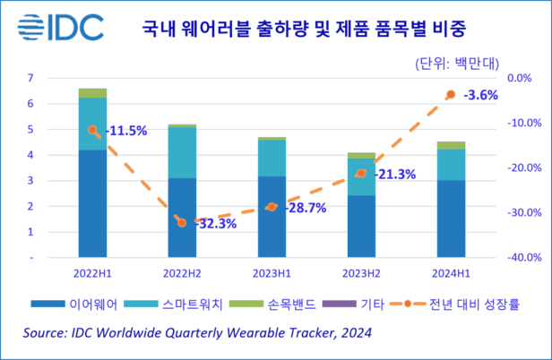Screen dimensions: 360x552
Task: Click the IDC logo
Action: tap(61, 26)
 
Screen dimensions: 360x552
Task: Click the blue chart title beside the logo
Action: tap(304, 28)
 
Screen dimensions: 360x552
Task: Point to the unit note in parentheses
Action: tap(456, 64)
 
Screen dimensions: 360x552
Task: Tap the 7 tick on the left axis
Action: tap(30, 78)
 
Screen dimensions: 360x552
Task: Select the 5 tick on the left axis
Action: tap(30, 129)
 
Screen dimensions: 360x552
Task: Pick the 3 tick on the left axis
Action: tap(30, 180)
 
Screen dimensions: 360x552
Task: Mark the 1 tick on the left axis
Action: tap(30, 232)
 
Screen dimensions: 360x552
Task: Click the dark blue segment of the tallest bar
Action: tap(92, 202)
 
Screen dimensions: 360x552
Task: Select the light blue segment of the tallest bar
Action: tap(92, 124)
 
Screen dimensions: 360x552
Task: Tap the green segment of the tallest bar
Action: tap(92, 93)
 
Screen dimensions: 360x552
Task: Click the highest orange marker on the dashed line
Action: tap(451, 93)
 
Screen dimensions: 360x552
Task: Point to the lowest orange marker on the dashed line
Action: tap(182, 222)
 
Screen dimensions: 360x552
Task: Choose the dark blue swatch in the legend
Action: tap(47, 304)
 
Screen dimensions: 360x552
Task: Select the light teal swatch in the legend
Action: tap(140, 304)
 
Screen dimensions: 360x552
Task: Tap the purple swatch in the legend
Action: tap(339, 304)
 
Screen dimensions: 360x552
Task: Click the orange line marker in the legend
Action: tap(408, 304)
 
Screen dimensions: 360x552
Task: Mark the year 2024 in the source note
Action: tap(356, 333)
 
